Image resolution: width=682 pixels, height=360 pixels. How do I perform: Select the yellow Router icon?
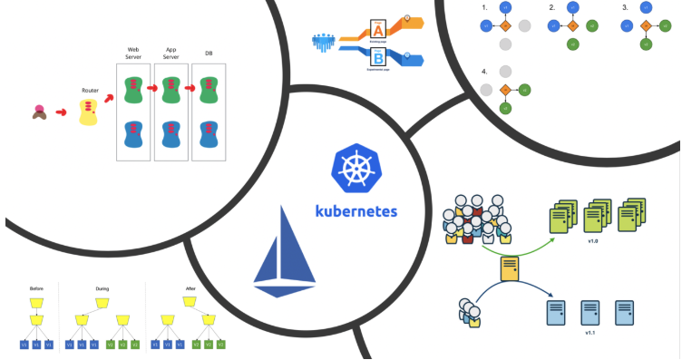pyautogui.click(x=88, y=112)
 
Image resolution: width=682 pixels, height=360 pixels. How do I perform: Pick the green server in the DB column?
pyautogui.click(x=209, y=89)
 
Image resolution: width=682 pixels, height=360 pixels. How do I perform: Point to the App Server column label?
pyautogui.click(x=170, y=52)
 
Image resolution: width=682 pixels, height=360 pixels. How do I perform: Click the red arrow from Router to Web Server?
pyautogui.click(x=110, y=98)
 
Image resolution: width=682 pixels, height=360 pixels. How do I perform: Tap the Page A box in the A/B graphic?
pyautogui.click(x=375, y=29)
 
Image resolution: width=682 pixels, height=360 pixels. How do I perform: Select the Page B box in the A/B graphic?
pyautogui.click(x=375, y=59)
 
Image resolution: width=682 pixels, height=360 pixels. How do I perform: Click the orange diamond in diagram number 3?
pyautogui.click(x=646, y=25)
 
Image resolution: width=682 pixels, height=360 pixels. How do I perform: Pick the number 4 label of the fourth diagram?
pyautogui.click(x=484, y=70)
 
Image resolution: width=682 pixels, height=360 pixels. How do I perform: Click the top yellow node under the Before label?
pyautogui.click(x=36, y=300)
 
